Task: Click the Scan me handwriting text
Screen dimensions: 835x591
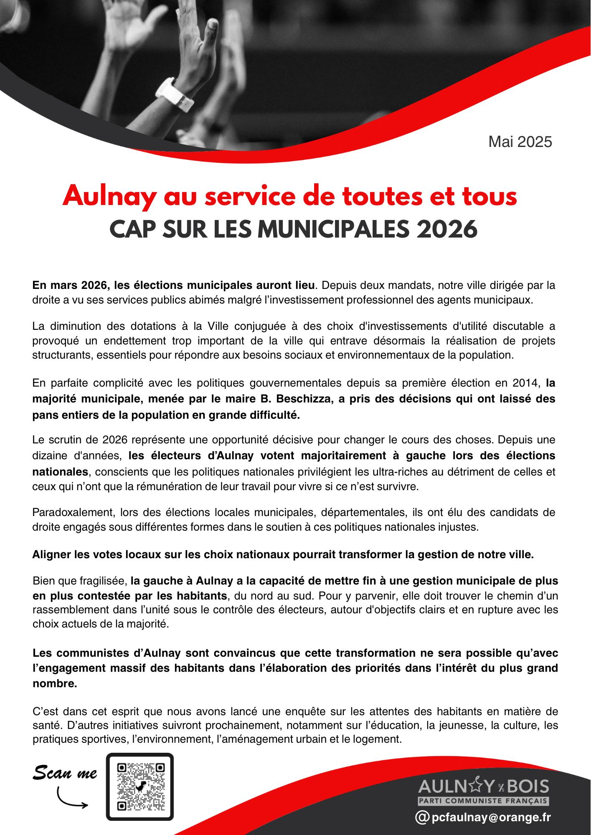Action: tap(65, 773)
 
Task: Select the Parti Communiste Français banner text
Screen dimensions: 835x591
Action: tap(484, 800)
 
